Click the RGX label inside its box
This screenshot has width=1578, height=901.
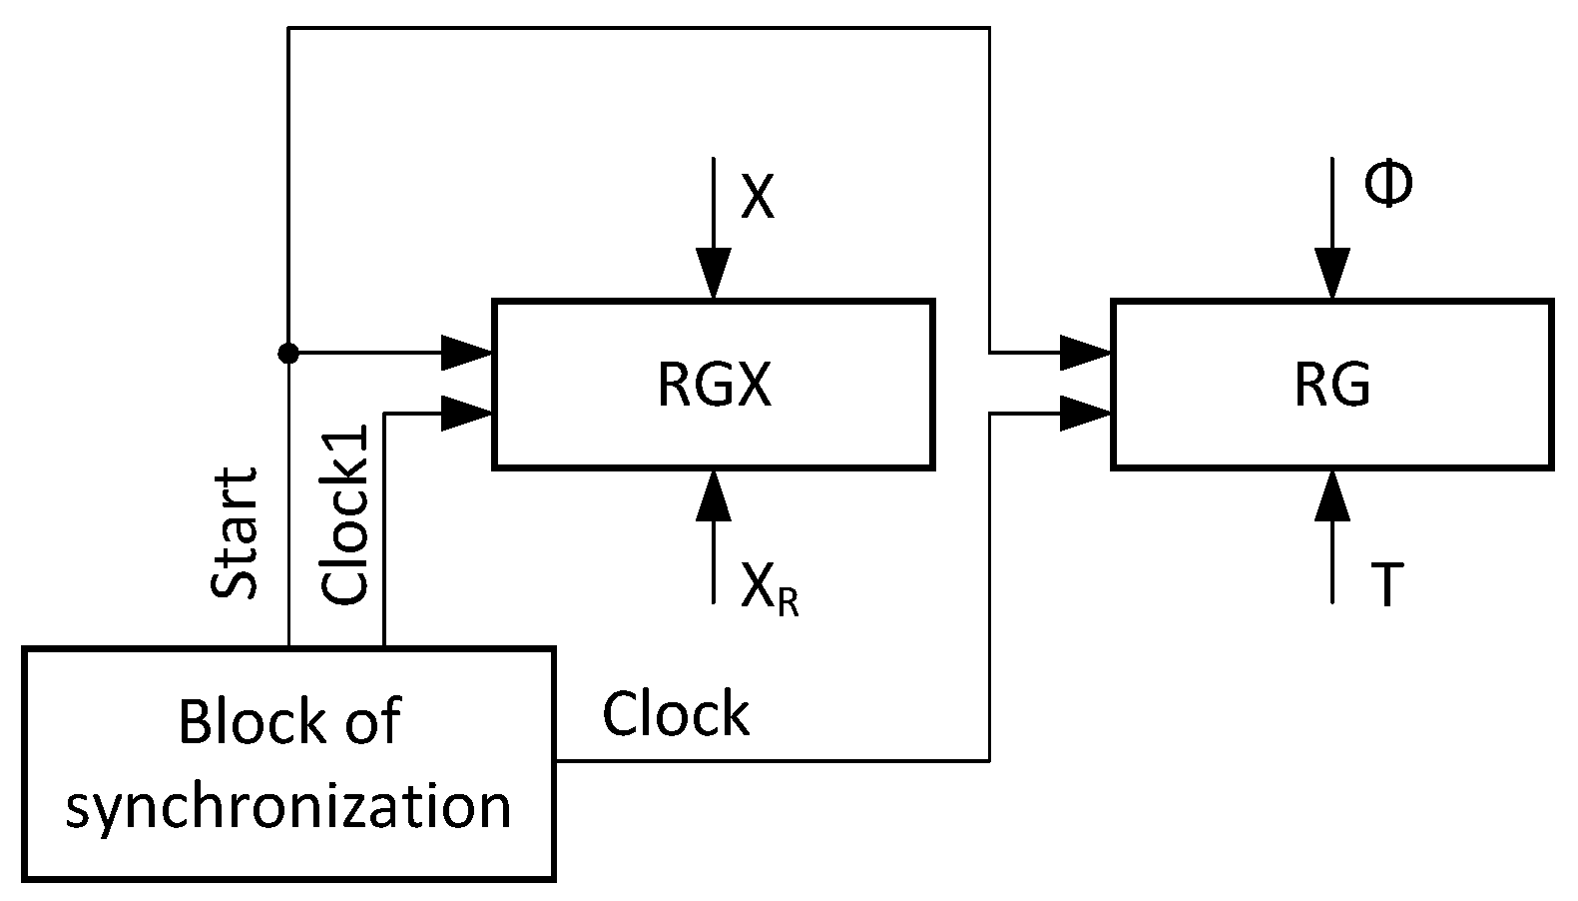point(714,385)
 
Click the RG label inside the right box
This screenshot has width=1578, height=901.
point(1331,385)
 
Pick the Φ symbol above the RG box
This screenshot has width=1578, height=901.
point(1388,186)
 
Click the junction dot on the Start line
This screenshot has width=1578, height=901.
point(288,353)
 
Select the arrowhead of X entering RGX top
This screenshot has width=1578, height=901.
point(714,276)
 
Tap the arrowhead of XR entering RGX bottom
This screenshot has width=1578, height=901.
point(714,492)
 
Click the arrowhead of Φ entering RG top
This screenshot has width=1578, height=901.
point(1332,276)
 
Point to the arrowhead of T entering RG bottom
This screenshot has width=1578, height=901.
point(1332,492)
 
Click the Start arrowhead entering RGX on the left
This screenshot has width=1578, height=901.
point(467,353)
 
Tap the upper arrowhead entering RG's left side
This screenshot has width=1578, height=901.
point(1086,353)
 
